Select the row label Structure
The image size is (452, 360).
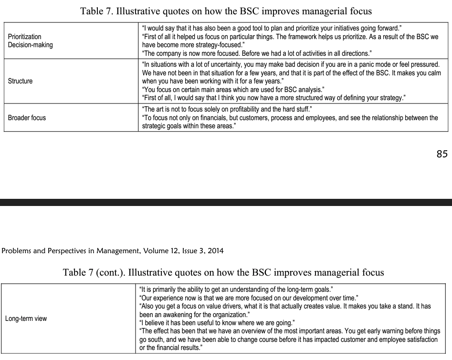(21, 81)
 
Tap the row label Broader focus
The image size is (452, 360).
(27, 117)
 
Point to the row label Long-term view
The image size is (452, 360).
(26, 319)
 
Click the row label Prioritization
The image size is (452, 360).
(25, 37)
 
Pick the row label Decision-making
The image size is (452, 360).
(31, 45)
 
